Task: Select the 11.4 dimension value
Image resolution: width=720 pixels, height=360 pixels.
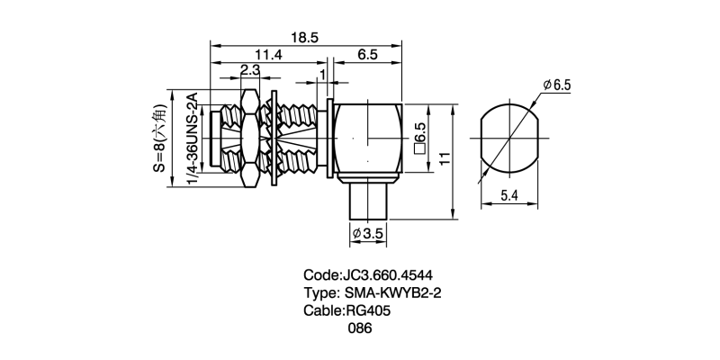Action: (x=267, y=55)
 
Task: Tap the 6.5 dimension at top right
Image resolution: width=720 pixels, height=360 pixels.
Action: (x=367, y=55)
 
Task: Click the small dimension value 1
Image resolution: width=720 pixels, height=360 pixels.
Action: (x=322, y=72)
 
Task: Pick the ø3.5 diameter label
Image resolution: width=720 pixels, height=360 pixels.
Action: (x=369, y=233)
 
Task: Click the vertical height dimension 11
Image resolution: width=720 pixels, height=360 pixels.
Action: (x=444, y=159)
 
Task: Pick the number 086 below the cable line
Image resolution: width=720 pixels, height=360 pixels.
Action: (x=360, y=328)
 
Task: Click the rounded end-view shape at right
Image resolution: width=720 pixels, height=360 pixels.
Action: (x=509, y=139)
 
